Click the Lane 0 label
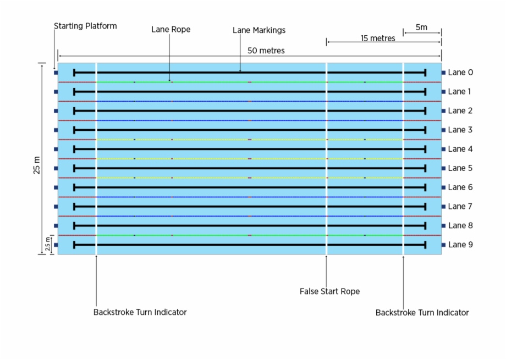coord(460,73)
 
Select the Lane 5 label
coord(460,168)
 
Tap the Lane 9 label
coord(460,245)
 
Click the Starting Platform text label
coord(85,26)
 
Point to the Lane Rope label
coord(171,30)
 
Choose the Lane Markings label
coord(259,30)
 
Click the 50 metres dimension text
coord(266,51)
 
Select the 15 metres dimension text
coord(378,38)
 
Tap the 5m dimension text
coord(421,27)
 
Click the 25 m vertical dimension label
coord(37,165)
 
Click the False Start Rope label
coord(329,291)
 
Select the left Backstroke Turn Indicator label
coord(140,312)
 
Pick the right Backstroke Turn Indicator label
coord(422,313)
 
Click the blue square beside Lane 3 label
coord(443,130)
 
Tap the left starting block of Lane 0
coord(56,73)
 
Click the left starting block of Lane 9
coord(56,245)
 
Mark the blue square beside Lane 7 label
coord(443,207)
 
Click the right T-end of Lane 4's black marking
coord(425,149)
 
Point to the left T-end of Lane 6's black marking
coord(74,187)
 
